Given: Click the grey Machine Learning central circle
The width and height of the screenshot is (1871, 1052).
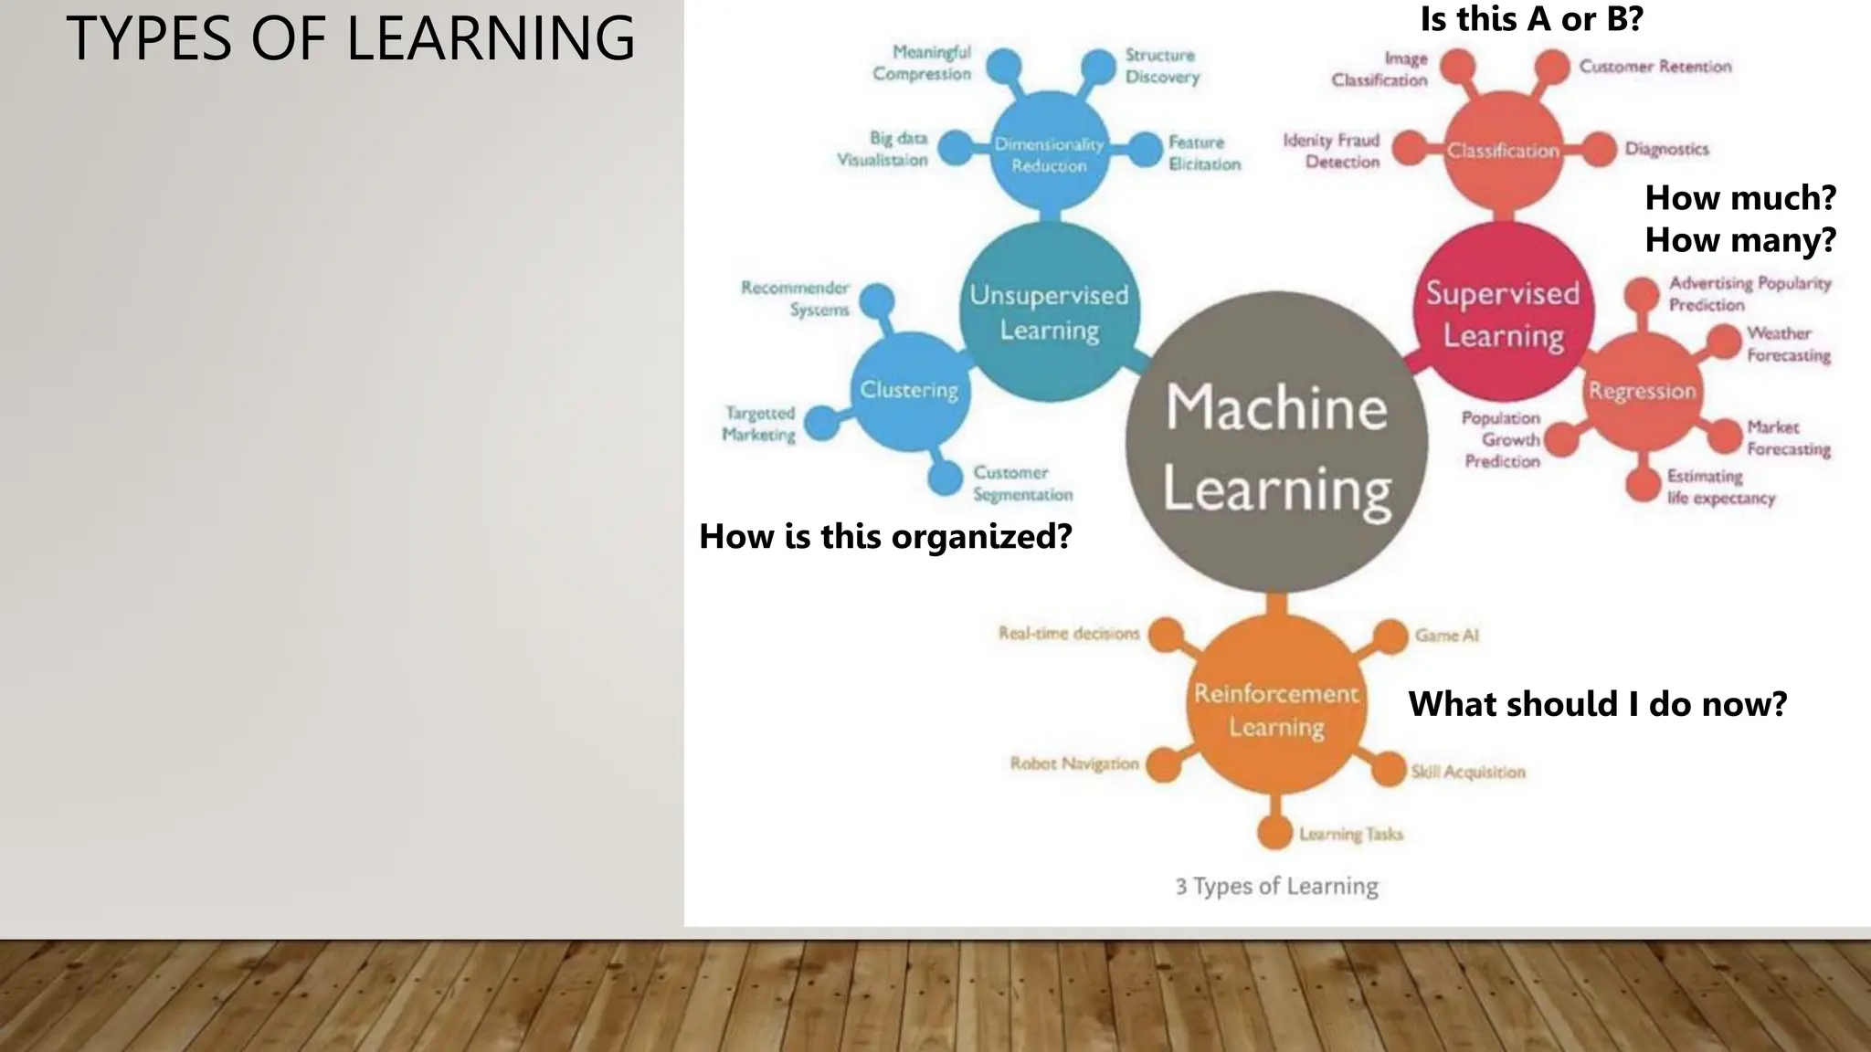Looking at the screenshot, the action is click(1276, 444).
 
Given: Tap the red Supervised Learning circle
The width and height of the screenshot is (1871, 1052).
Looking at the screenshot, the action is click(1503, 312).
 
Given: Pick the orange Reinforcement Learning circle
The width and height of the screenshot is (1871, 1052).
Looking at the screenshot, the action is click(1276, 710).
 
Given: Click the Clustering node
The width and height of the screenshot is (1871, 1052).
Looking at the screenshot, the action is click(909, 391).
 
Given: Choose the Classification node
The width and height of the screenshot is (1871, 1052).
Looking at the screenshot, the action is click(1503, 151).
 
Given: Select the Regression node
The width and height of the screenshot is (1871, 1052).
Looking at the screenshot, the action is click(1642, 391).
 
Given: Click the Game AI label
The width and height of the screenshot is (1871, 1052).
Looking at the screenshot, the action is click(1446, 636).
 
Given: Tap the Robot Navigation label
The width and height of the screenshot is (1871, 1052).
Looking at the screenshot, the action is click(1074, 763).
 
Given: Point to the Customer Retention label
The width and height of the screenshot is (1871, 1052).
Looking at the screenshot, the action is click(1654, 67).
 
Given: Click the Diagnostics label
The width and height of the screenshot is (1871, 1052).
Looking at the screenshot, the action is click(1666, 149).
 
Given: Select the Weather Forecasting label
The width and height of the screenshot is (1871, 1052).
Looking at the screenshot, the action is click(1788, 344).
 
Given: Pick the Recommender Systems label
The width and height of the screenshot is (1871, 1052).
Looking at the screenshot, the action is click(796, 299).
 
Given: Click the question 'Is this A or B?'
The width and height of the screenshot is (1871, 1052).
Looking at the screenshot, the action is click(1531, 19).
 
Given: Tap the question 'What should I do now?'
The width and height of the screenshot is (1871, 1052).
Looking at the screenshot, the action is click(1597, 704).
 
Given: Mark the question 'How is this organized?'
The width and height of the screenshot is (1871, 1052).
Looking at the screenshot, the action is click(885, 536).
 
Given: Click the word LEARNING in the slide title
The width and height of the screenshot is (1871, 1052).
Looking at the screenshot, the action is click(491, 39).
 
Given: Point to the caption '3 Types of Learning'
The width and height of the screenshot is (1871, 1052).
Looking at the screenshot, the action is click(1276, 886).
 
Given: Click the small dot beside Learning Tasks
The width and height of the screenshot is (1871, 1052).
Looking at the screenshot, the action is click(1274, 832).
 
